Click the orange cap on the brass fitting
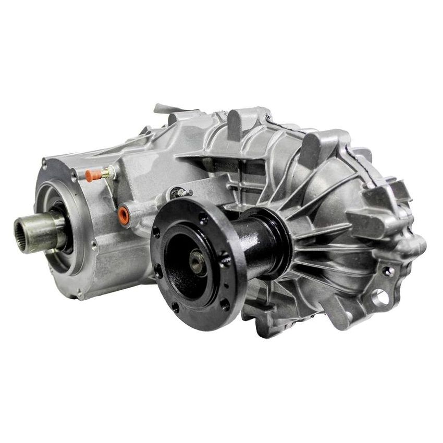(x=92, y=176)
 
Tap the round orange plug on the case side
(x=124, y=215)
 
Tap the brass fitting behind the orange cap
(x=107, y=172)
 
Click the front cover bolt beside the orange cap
(x=73, y=177)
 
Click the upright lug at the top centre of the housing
(x=237, y=122)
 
